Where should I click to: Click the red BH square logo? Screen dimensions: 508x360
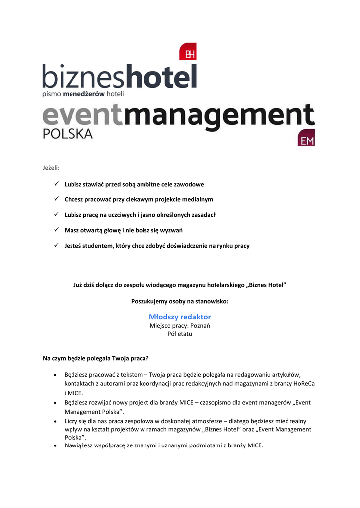click(x=188, y=52)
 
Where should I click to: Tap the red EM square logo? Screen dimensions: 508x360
click(x=306, y=138)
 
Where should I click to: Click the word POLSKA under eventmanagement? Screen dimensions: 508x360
click(x=68, y=134)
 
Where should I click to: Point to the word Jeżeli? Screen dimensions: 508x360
click(x=51, y=168)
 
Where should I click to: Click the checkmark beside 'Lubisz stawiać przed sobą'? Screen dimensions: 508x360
click(x=57, y=184)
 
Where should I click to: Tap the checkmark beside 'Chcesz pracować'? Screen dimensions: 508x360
click(x=57, y=199)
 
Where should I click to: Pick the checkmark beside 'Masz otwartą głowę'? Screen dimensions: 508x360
click(x=57, y=230)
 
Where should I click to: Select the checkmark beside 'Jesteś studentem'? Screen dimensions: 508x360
click(x=57, y=246)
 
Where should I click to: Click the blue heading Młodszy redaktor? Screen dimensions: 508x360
click(x=180, y=317)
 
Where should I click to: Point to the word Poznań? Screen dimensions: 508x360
click(x=201, y=326)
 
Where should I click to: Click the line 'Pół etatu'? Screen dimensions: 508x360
click(x=180, y=334)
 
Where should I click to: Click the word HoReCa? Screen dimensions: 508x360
click(x=304, y=383)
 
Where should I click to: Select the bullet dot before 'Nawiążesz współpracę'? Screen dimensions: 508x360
click(x=56, y=446)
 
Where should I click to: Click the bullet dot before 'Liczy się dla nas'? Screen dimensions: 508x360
click(x=56, y=421)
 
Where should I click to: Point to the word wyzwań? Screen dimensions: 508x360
click(x=172, y=230)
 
